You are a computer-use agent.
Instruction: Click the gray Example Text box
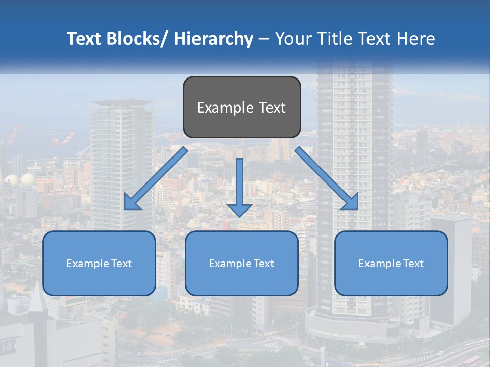tap(241, 107)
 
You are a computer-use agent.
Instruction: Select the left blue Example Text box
tap(99, 263)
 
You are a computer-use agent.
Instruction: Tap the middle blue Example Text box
tap(241, 263)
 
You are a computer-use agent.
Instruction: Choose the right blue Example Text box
tap(391, 263)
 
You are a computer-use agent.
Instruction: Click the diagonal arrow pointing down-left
tap(156, 178)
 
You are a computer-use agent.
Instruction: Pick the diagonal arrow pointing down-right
tap(327, 178)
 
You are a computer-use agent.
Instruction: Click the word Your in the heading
tap(292, 39)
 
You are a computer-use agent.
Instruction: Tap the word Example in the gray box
tap(225, 108)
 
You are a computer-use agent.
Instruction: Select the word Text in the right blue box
tap(412, 263)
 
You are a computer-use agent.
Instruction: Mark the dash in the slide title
tap(264, 39)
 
